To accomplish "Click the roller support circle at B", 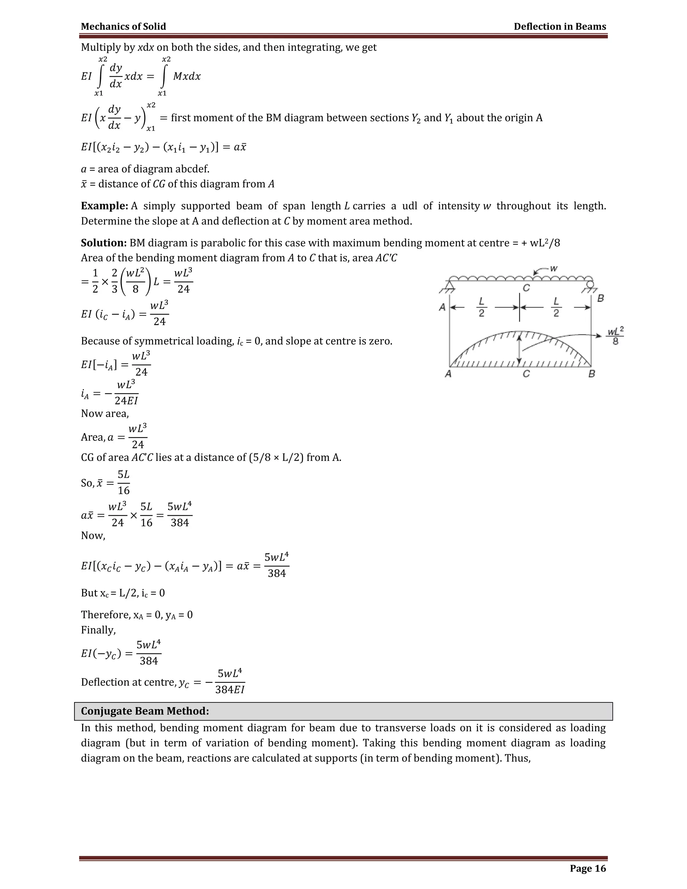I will (590, 284).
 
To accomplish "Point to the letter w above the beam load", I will (554, 269).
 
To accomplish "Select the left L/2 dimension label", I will (481, 307).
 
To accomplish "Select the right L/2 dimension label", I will (556, 307).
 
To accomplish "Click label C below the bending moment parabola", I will (526, 373).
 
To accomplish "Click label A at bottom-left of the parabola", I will (448, 373).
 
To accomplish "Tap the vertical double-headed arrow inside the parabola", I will (519, 349).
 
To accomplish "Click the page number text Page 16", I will (588, 868).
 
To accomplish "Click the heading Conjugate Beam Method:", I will (145, 711).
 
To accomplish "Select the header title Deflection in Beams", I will (560, 27).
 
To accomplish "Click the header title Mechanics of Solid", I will (123, 27).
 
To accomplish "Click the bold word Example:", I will (105, 206).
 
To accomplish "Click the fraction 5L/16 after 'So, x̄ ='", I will (124, 482).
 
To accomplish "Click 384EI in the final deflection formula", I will (230, 689).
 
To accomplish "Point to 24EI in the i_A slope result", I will (126, 401).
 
